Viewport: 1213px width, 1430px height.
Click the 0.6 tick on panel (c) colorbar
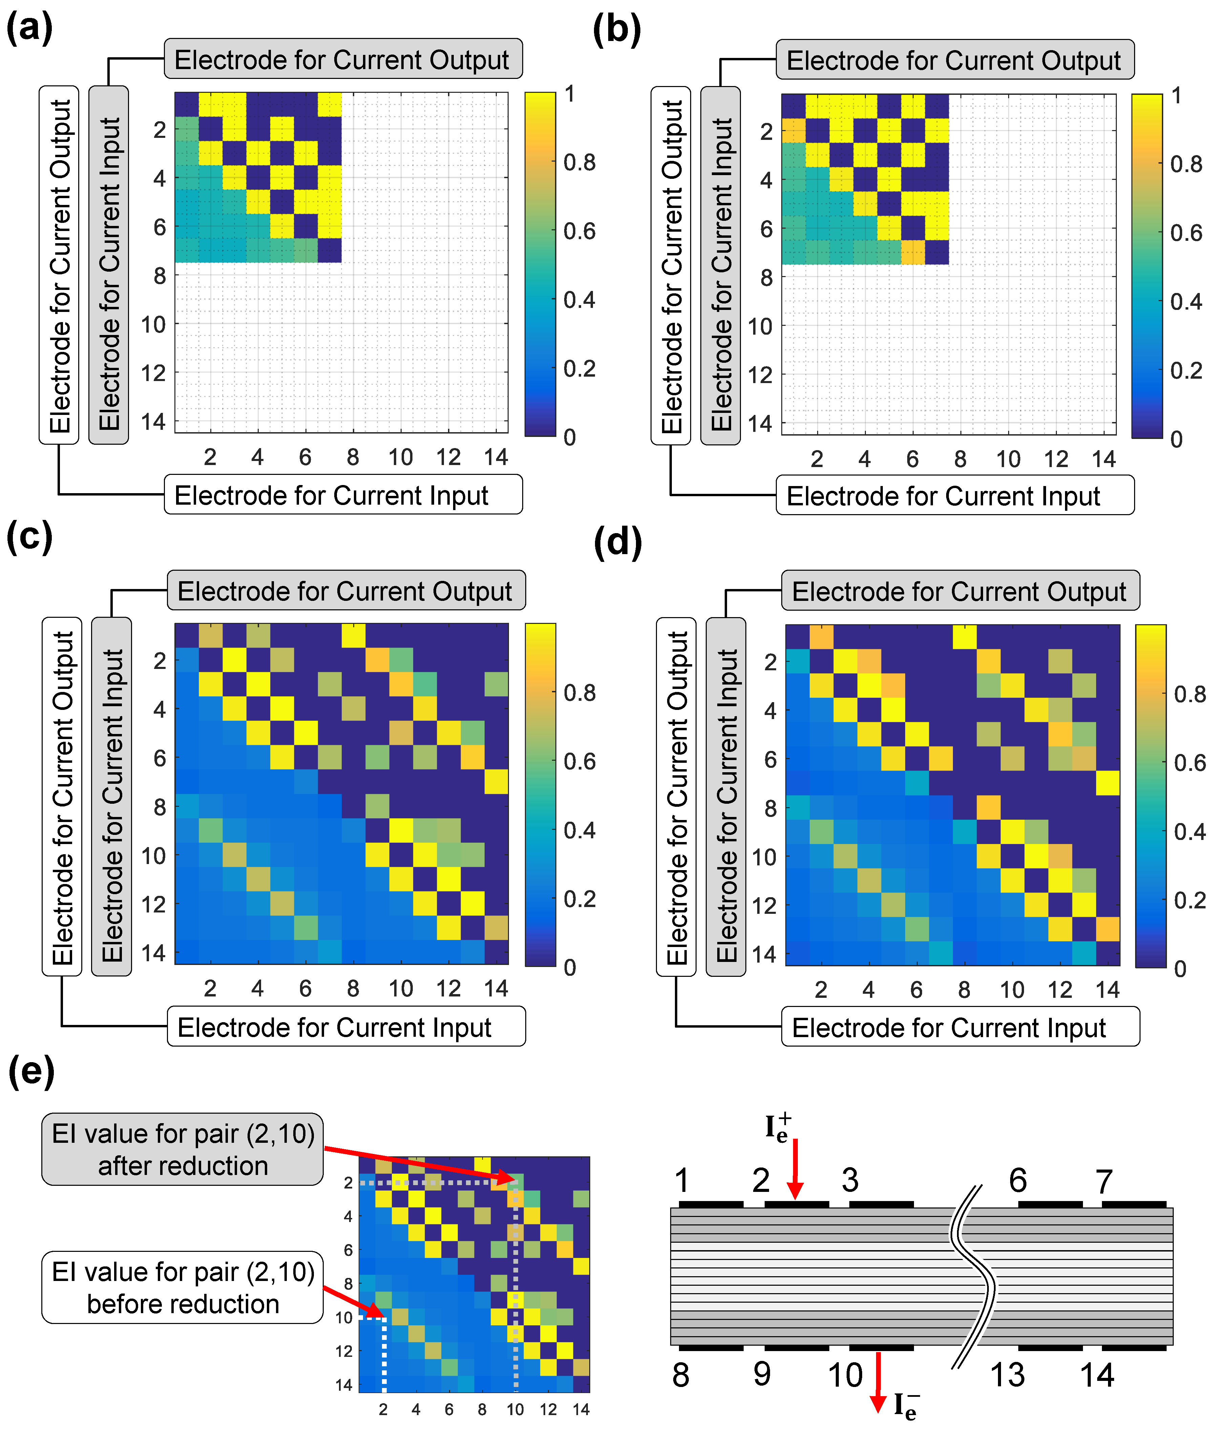579,761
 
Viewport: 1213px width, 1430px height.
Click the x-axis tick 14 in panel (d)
1107,990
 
